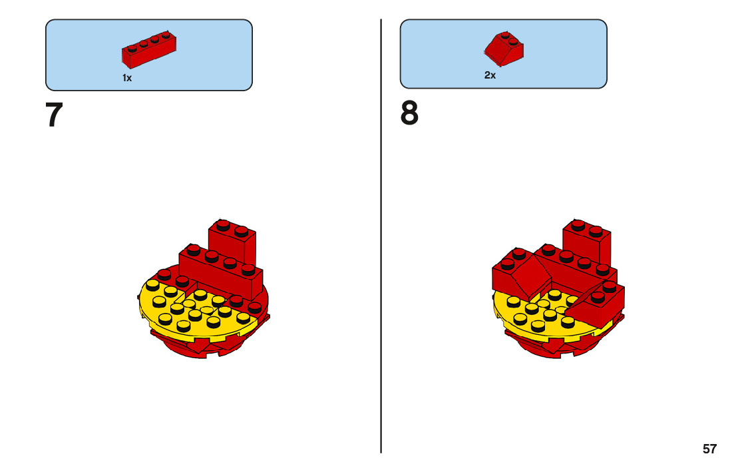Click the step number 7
[x=54, y=115]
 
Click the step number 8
[x=409, y=115]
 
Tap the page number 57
[x=709, y=449]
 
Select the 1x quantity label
[x=127, y=78]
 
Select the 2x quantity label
[x=490, y=75]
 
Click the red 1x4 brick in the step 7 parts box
[x=148, y=51]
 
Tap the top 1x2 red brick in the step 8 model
[x=587, y=241]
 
